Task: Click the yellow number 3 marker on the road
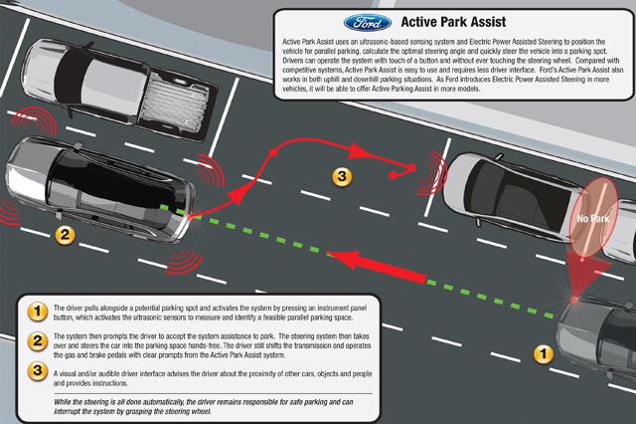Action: pos(341,177)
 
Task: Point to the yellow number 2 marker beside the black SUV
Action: pos(63,236)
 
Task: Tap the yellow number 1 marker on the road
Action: pos(542,352)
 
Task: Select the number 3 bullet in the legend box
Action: pos(37,372)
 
